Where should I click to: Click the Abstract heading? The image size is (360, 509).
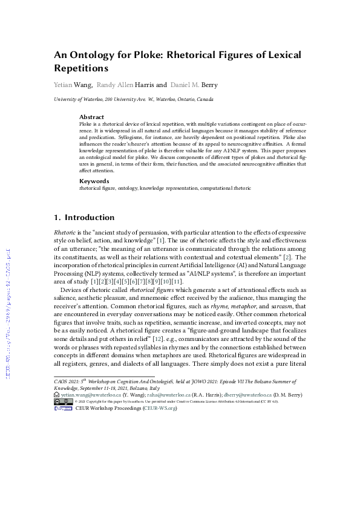tap(92, 117)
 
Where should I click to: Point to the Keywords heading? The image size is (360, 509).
tap(94, 181)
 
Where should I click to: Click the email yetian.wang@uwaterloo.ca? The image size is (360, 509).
tap(90, 394)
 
